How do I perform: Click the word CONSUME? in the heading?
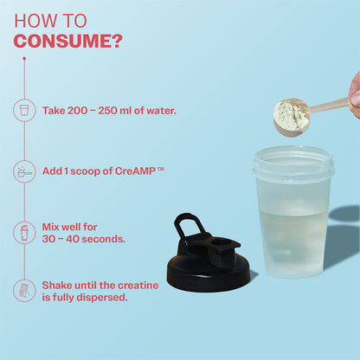(x=68, y=42)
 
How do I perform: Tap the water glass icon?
(x=24, y=110)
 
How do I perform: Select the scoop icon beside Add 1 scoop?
(x=24, y=171)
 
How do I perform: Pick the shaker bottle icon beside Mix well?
(x=24, y=233)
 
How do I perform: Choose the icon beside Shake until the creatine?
(x=24, y=291)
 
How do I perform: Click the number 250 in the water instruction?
(x=107, y=111)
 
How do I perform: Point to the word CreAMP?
(x=135, y=171)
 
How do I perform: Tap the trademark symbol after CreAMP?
(x=161, y=169)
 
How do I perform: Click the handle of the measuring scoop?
(x=330, y=106)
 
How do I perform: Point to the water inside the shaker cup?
(x=293, y=242)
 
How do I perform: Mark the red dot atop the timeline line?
(x=24, y=59)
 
